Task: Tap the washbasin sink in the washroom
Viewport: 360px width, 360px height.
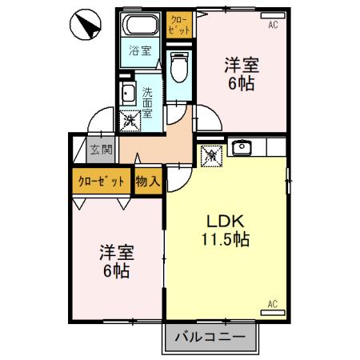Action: point(127,94)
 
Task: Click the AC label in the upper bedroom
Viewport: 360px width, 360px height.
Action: point(272,26)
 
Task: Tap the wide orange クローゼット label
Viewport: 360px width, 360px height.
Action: point(101,182)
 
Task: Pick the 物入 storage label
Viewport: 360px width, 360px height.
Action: point(148,182)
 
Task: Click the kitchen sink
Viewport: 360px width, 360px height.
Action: point(242,148)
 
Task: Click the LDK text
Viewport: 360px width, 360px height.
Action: point(226,221)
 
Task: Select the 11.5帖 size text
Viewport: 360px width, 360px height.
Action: point(226,238)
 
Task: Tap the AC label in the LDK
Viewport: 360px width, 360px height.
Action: point(271,304)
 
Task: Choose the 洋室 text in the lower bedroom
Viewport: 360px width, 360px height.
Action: point(116,253)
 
